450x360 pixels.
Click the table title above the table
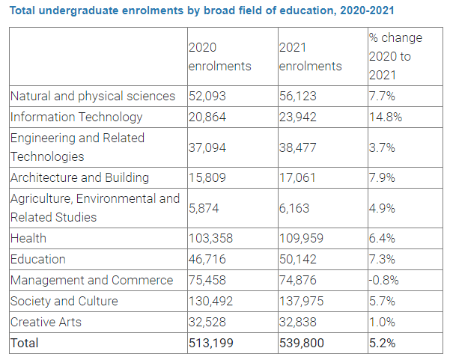pyautogui.click(x=200, y=10)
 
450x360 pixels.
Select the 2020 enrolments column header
pyautogui.click(x=219, y=56)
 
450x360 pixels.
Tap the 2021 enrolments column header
pyautogui.click(x=310, y=56)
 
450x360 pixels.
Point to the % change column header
pyautogui.click(x=395, y=56)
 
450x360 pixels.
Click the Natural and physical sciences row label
pyautogui.click(x=93, y=97)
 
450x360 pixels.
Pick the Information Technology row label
pyautogui.click(x=76, y=118)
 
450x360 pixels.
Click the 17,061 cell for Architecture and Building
pyautogui.click(x=298, y=178)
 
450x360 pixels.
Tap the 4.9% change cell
pyautogui.click(x=383, y=209)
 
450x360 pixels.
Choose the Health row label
pyautogui.click(x=28, y=238)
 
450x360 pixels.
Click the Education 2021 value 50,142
pyautogui.click(x=298, y=259)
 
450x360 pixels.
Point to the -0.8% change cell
pyautogui.click(x=384, y=281)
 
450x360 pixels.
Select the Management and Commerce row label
pyautogui.click(x=91, y=281)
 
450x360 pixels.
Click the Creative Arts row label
pyautogui.click(x=47, y=322)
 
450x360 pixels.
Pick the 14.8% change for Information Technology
pyautogui.click(x=386, y=118)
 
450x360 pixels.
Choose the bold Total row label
pyautogui.click(x=24, y=344)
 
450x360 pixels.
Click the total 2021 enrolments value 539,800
pyautogui.click(x=302, y=344)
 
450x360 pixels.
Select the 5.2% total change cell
pyautogui.click(x=383, y=344)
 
